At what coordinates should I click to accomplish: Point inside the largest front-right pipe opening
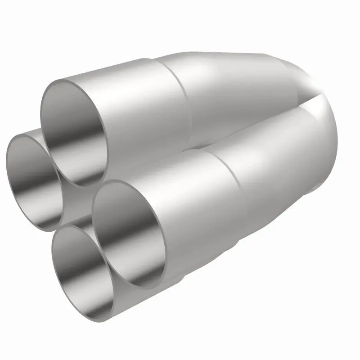[130, 234]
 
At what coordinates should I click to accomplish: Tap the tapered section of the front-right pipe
[274, 171]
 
